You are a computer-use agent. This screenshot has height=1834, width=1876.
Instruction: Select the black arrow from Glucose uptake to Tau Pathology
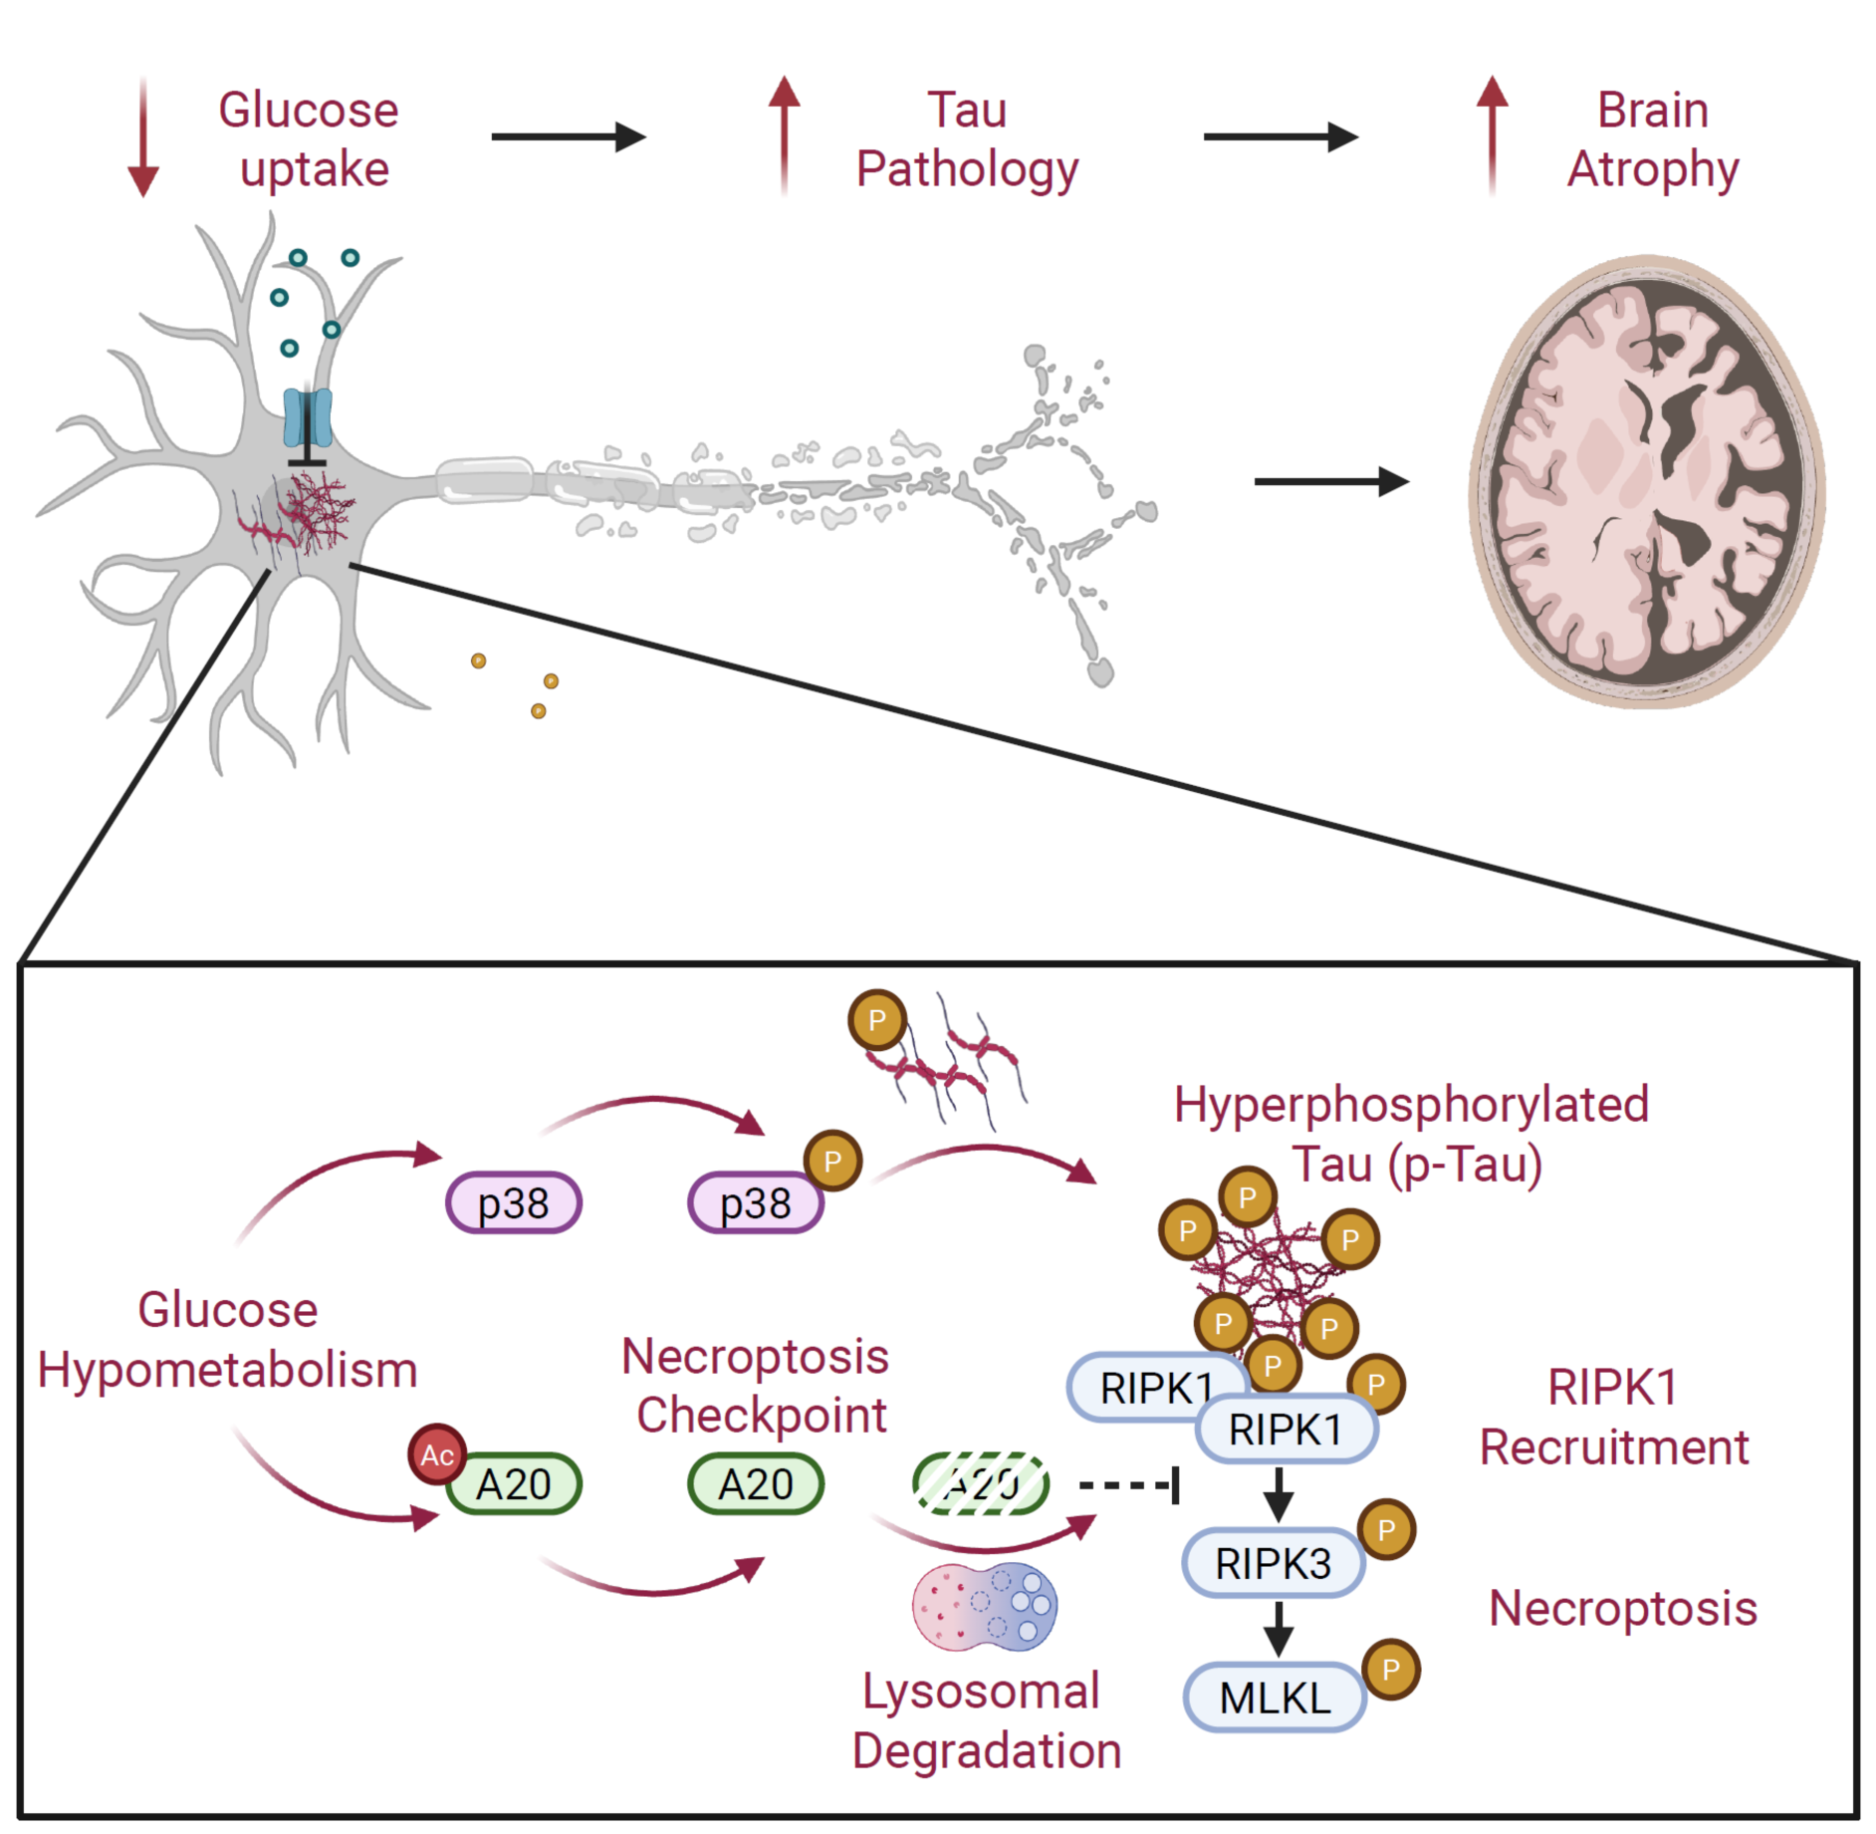(569, 136)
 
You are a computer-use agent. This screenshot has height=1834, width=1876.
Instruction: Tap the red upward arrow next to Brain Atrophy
(1491, 134)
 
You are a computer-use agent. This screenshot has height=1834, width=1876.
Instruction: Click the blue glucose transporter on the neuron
(307, 417)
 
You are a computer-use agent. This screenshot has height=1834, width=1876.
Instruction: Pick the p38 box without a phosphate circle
(513, 1203)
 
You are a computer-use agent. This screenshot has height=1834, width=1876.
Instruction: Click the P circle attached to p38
(832, 1161)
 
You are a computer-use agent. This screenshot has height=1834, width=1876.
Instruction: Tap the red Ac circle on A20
(437, 1454)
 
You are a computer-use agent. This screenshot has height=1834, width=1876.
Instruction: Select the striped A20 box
(981, 1484)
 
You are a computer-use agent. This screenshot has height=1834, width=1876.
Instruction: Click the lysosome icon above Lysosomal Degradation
(984, 1607)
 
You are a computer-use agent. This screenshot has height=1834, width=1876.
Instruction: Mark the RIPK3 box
(1273, 1563)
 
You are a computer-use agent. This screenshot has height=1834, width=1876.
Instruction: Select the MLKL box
(1275, 1698)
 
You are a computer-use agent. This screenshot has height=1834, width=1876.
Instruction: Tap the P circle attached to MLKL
(1391, 1669)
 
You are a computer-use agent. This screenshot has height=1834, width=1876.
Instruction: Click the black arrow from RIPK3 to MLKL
(1278, 1630)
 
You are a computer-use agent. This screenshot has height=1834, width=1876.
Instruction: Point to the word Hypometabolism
(227, 1370)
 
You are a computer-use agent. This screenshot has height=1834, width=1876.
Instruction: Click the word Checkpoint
(762, 1416)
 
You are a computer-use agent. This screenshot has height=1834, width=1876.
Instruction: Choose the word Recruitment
(1613, 1447)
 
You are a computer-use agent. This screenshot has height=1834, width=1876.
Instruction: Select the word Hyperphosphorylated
(1411, 1105)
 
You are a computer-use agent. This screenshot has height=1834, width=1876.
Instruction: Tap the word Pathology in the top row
(967, 169)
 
